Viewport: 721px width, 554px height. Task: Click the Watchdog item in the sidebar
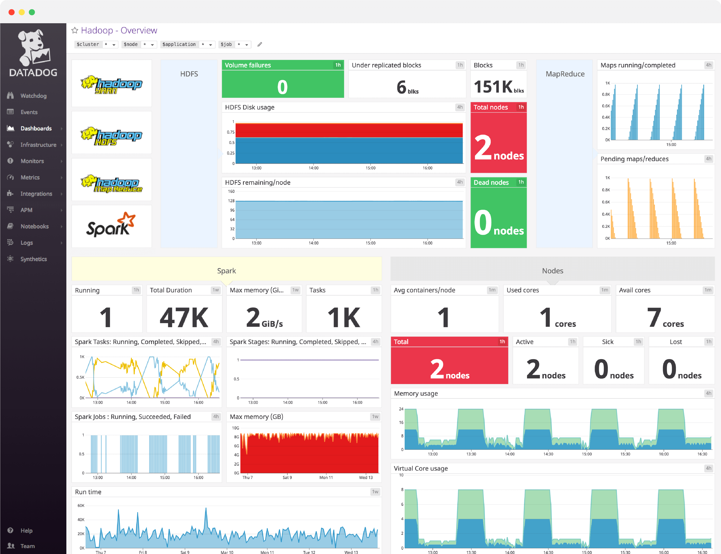(33, 96)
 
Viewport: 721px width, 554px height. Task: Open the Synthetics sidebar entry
(33, 259)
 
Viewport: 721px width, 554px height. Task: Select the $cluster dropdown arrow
(114, 45)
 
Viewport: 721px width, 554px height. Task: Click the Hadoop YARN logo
(111, 84)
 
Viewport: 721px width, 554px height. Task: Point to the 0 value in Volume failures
(282, 87)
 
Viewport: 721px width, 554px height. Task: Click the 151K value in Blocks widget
(493, 87)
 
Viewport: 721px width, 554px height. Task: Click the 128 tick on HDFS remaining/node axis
(231, 201)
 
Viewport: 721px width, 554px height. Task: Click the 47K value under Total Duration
(184, 317)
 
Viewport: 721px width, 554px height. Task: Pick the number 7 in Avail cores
(654, 317)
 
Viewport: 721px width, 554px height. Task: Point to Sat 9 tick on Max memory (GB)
(287, 478)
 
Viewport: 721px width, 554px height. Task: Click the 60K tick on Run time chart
(81, 506)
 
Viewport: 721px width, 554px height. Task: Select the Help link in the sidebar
(26, 530)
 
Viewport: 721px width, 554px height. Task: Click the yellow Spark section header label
(226, 271)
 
